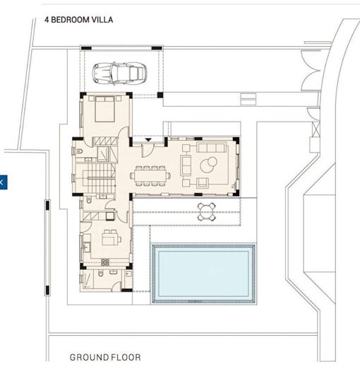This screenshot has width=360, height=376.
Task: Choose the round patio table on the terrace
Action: pos(206,208)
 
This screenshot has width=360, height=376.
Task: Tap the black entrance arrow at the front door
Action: pos(146,141)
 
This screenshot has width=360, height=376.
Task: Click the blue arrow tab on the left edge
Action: pos(3,182)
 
